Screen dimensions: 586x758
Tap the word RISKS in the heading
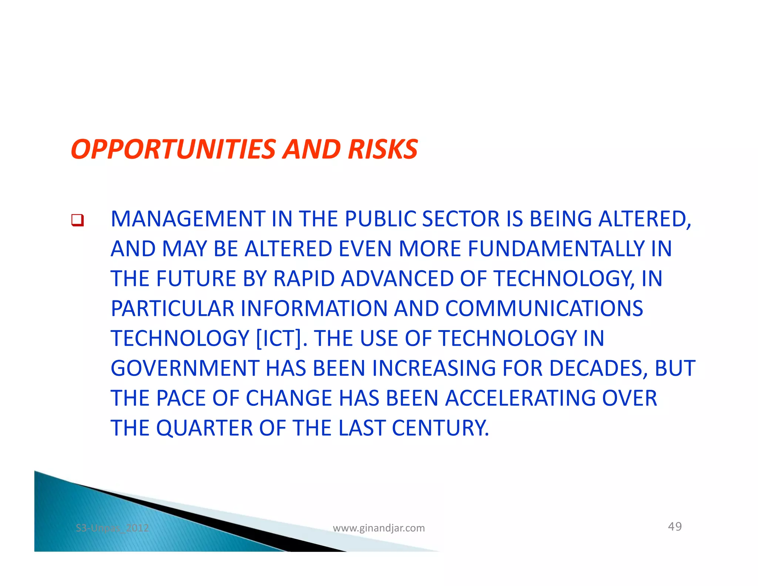[382, 149]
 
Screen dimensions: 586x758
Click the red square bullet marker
[78, 220]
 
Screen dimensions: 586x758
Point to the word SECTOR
[461, 219]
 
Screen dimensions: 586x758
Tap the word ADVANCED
[397, 279]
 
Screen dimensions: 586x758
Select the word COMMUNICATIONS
[544, 309]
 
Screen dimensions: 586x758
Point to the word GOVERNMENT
[185, 369]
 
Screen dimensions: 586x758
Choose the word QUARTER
[204, 429]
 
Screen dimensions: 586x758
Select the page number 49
[675, 526]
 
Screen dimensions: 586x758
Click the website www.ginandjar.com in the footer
[379, 528]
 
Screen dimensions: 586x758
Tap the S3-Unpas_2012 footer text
[112, 528]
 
